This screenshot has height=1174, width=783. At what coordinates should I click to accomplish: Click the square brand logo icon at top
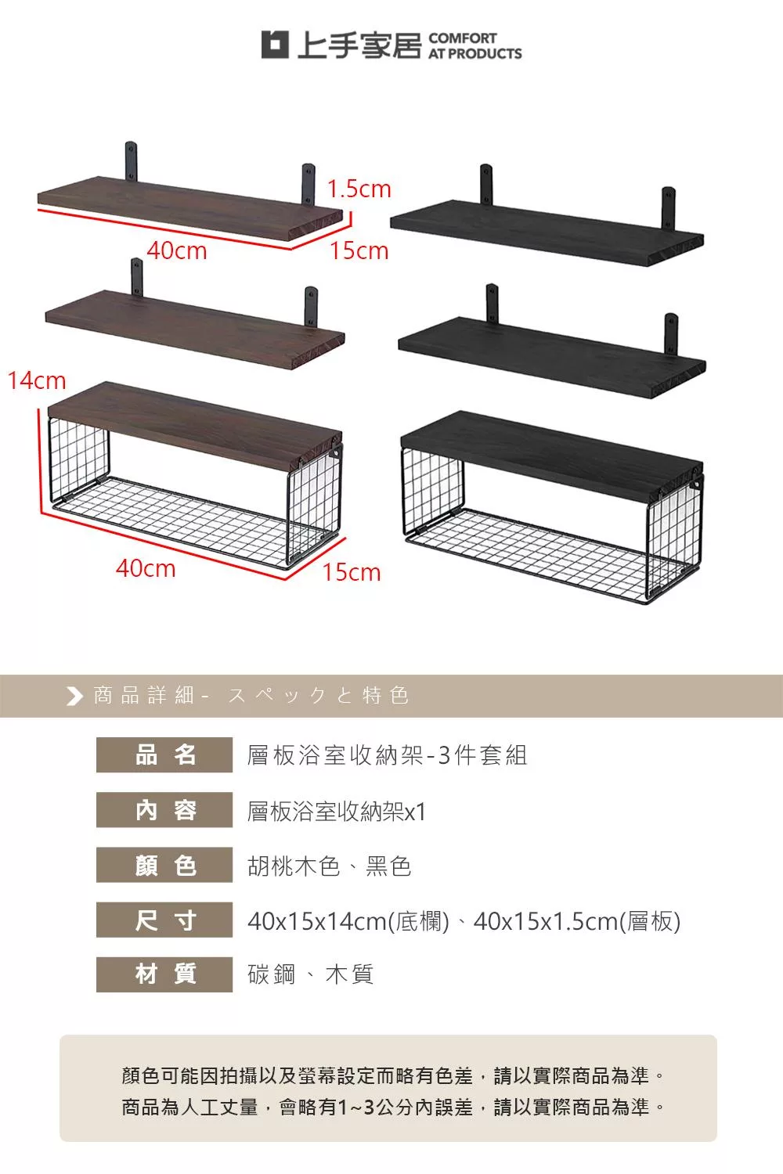point(275,45)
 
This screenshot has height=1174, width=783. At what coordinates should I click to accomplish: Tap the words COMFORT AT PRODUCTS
point(475,46)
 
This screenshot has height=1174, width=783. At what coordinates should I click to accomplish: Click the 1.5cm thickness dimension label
point(359,189)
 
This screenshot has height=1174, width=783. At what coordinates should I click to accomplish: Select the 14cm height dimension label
point(37,380)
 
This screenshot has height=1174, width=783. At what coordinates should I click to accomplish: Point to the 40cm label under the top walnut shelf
point(177,250)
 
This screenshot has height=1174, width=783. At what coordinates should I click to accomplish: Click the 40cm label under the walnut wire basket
point(146,568)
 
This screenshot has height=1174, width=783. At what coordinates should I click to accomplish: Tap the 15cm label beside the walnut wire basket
point(352,572)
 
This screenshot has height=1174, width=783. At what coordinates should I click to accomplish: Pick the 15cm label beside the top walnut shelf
point(359,250)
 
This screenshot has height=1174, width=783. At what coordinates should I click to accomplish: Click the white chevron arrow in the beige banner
point(74,696)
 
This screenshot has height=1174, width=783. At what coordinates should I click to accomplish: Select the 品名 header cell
point(164,754)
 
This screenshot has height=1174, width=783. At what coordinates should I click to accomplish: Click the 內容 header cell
point(164,810)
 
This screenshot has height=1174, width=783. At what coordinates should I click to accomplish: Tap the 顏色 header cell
point(164,865)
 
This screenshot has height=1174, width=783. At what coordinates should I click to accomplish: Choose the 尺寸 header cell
point(164,920)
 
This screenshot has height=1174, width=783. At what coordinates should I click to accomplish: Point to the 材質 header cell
point(164,974)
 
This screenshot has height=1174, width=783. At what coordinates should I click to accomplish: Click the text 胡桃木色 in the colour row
point(294,866)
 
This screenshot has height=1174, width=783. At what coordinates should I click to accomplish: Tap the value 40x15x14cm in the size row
point(317,921)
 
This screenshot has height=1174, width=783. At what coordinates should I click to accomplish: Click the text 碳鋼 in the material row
point(271,974)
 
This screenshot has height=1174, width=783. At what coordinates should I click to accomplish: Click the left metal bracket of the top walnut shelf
point(131,161)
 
